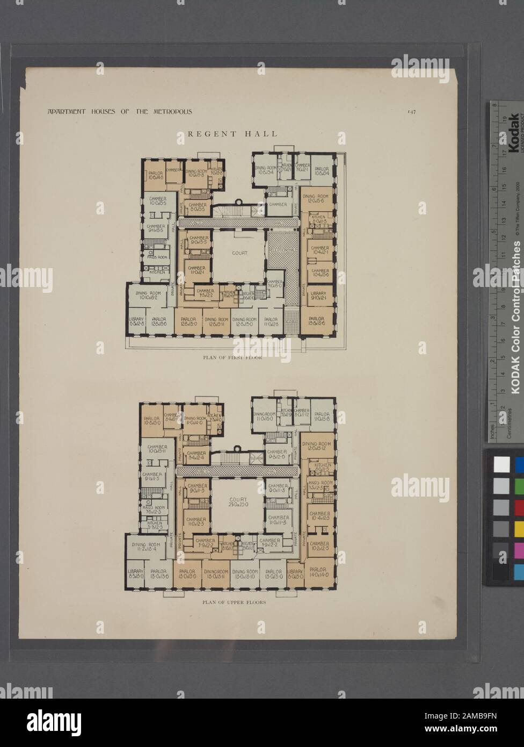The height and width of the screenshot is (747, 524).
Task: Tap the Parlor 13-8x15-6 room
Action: [317, 321]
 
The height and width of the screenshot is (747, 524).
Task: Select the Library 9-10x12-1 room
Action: [317, 295]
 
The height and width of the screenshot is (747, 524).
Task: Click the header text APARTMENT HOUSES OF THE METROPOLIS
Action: [113, 112]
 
